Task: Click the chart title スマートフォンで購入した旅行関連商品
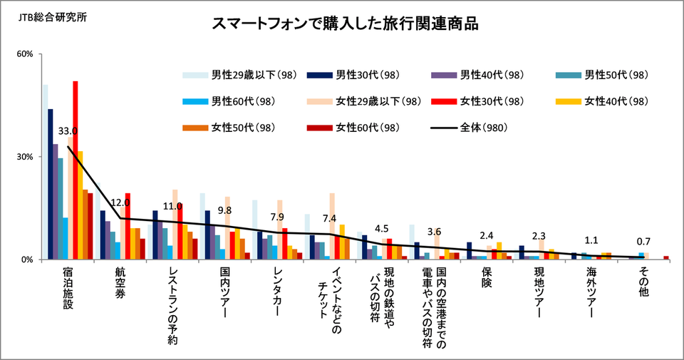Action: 345,24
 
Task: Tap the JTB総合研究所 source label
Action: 53,17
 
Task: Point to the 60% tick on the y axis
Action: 25,53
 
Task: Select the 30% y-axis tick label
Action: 25,157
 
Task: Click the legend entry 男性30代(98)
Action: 353,75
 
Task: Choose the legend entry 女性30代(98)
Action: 477,101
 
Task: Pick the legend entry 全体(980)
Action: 470,128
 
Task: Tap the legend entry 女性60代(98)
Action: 353,128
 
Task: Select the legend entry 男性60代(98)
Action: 229,101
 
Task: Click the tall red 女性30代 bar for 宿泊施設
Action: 76,170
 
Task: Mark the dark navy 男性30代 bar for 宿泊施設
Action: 50,184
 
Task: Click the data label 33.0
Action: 68,131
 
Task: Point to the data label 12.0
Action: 120,202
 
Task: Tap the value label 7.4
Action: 329,218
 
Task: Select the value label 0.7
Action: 643,242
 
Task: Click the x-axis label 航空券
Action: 120,282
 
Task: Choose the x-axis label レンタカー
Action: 277,291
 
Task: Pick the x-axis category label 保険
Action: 487,277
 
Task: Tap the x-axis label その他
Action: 643,282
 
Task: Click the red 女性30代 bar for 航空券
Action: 128,227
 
